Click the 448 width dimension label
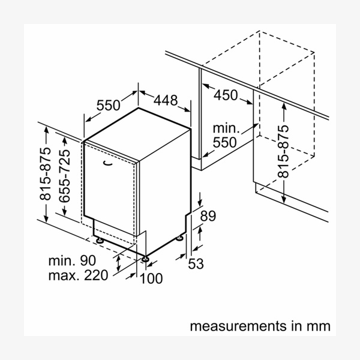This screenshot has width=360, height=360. (x=165, y=100)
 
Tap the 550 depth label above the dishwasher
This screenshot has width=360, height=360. (x=108, y=106)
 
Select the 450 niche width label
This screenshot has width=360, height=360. (x=226, y=95)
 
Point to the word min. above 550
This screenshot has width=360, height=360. (x=226, y=128)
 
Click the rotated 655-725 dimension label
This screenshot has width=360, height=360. (x=65, y=174)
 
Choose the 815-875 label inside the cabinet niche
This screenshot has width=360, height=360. (x=283, y=151)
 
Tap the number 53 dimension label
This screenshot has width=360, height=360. (x=196, y=264)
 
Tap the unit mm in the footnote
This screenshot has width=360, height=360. (x=319, y=326)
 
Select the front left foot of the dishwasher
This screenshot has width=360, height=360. (x=98, y=239)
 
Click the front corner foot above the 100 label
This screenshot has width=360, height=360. (x=145, y=258)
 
